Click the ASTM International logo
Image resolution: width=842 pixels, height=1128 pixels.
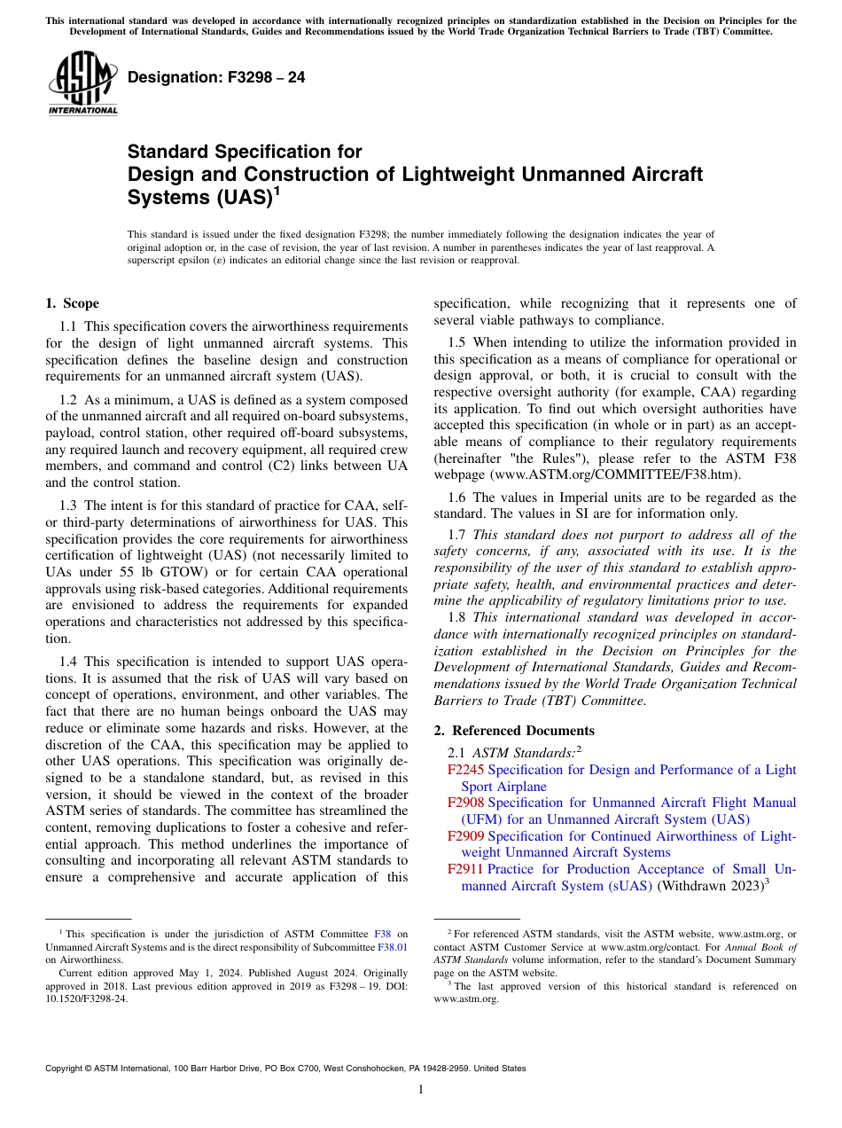(82, 84)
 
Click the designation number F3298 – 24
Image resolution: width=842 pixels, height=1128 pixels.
(216, 77)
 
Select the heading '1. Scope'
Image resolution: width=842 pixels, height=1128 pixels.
(73, 303)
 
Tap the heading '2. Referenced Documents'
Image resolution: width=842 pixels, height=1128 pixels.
(514, 731)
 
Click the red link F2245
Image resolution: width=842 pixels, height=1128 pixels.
(465, 770)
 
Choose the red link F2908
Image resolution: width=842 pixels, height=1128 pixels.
(465, 803)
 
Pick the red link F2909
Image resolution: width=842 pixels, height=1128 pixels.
(465, 836)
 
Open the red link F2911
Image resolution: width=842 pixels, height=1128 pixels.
(465, 869)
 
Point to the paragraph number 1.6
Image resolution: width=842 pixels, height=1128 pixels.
(456, 497)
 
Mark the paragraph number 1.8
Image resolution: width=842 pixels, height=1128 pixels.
(456, 617)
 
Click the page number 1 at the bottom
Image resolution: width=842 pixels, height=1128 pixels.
(421, 1089)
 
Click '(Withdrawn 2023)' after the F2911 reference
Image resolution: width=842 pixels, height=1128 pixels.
(709, 886)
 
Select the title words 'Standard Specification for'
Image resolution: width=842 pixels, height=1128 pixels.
(245, 152)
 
